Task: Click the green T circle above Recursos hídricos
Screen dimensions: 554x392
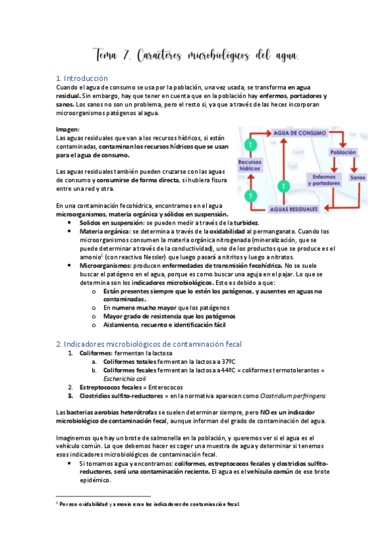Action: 249,145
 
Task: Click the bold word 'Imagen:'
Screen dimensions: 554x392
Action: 68,129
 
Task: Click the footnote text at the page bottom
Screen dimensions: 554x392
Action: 151,504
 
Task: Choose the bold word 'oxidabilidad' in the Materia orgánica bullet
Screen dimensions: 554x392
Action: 239,231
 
